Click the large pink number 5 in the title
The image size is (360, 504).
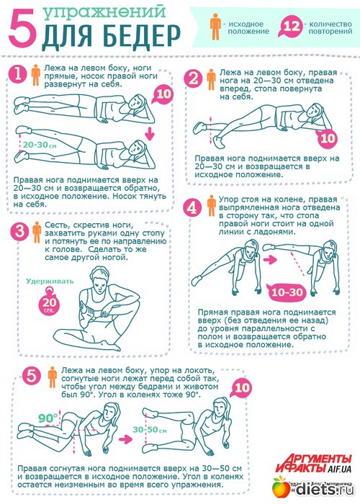pyautogui.click(x=22, y=27)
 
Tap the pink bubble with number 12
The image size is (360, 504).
pyautogui.click(x=291, y=27)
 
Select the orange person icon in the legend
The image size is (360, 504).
pyautogui.click(x=216, y=27)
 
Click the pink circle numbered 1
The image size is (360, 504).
pyautogui.click(x=18, y=74)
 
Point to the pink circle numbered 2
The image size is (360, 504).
pyautogui.click(x=194, y=78)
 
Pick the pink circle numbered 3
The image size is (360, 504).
pyautogui.click(x=19, y=231)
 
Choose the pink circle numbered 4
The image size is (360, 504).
pyautogui.click(x=192, y=207)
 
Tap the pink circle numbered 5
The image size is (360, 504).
pyautogui.click(x=32, y=376)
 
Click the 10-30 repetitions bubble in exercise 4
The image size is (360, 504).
pyautogui.click(x=287, y=292)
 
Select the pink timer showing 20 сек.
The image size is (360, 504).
pyautogui.click(x=50, y=303)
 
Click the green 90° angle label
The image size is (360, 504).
pyautogui.click(x=48, y=418)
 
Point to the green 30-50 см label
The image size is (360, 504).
pyautogui.click(x=149, y=430)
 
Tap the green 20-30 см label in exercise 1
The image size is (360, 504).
pyautogui.click(x=40, y=145)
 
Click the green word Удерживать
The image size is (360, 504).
pyautogui.click(x=50, y=282)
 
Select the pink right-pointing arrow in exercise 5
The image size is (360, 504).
pyautogui.click(x=126, y=439)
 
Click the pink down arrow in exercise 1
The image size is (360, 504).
pyautogui.click(x=149, y=134)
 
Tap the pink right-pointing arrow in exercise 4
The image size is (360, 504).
pyautogui.click(x=270, y=259)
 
